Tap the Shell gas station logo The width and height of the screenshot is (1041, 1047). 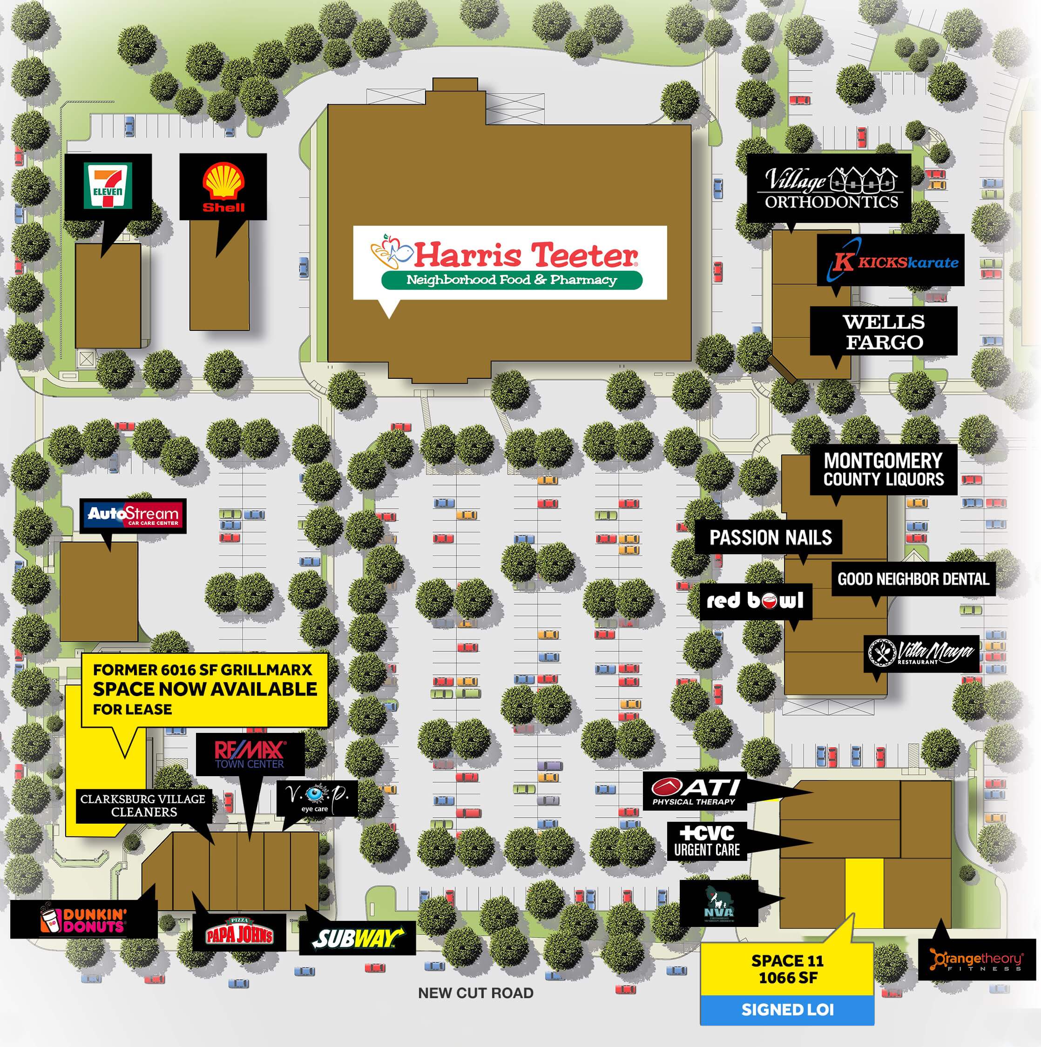click(223, 188)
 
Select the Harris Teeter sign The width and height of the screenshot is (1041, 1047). click(510, 262)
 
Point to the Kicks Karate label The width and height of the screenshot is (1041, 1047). click(890, 261)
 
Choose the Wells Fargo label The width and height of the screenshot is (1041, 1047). click(883, 331)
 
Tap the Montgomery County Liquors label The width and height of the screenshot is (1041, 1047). click(883, 470)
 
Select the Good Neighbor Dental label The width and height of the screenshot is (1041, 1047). click(913, 579)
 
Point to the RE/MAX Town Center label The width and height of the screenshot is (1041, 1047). click(250, 754)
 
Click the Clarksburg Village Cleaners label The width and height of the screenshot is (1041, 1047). click(143, 805)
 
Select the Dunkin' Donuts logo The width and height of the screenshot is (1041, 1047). click(84, 919)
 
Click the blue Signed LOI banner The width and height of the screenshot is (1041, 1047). click(787, 1010)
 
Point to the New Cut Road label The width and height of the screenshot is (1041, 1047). click(475, 993)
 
